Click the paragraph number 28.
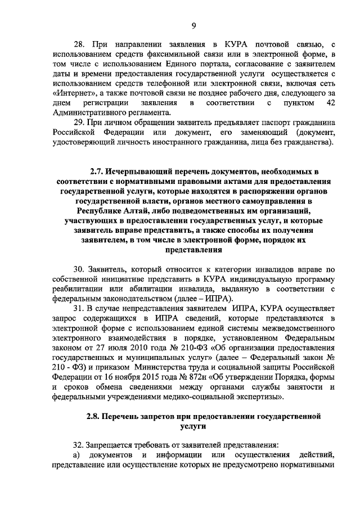coord(80,43)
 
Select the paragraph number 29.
coord(79,122)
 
